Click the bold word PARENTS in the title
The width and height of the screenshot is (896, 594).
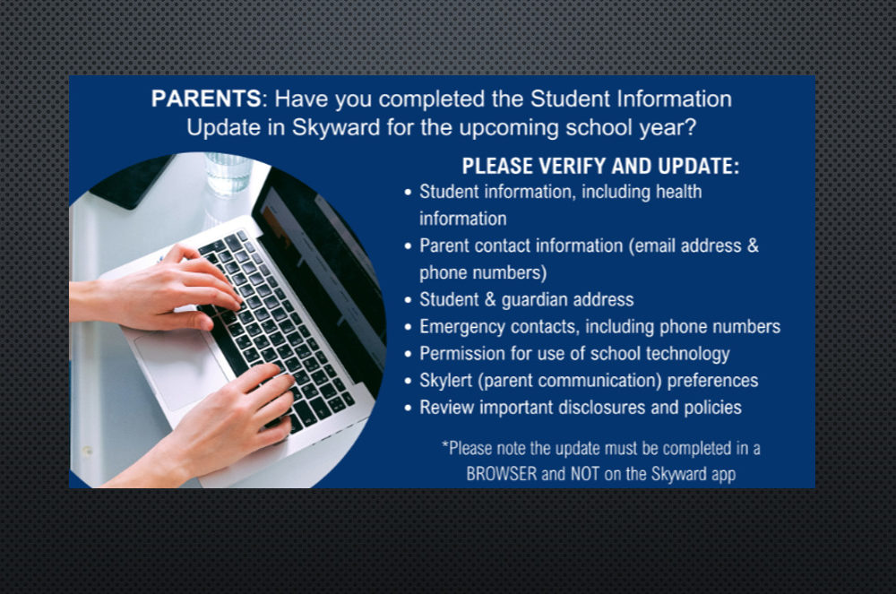point(206,99)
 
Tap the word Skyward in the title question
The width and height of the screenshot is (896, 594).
point(335,127)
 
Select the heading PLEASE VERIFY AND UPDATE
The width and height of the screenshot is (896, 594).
point(600,167)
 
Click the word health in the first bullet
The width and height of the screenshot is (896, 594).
point(678,192)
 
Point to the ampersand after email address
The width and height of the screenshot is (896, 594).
point(753,245)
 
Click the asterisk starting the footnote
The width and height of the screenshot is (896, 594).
point(444,443)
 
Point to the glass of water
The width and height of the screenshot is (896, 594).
point(228,174)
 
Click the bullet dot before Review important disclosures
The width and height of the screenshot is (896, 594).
point(408,409)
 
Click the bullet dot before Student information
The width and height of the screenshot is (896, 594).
point(408,193)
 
